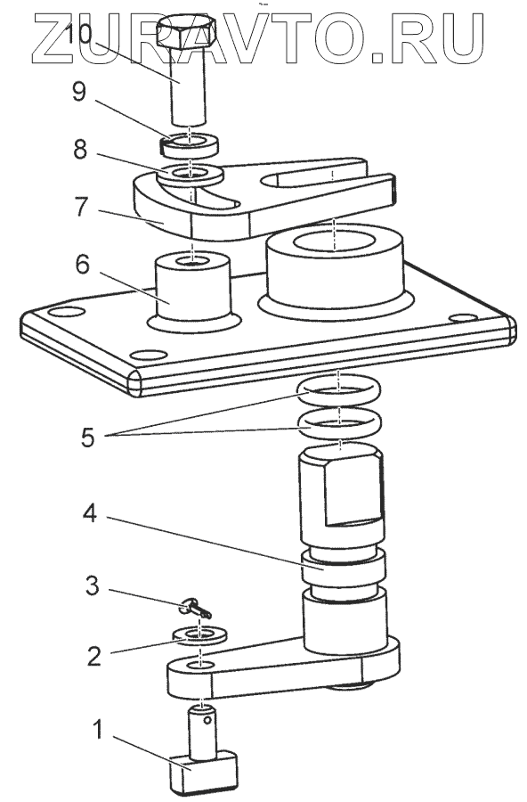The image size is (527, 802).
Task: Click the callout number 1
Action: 97,730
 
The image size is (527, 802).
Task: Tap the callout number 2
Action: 94,656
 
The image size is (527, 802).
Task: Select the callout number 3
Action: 93,585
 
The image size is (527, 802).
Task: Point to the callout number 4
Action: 90,513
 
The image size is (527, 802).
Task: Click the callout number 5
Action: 88,438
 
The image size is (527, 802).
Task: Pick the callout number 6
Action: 82,265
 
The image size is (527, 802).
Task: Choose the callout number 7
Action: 81,208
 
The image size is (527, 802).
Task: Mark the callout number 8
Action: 80,150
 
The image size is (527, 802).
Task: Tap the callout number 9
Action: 78,93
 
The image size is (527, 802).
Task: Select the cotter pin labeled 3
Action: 196,609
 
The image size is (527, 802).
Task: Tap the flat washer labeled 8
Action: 191,175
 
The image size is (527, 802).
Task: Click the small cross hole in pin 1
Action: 207,721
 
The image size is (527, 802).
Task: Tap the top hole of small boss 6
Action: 192,261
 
